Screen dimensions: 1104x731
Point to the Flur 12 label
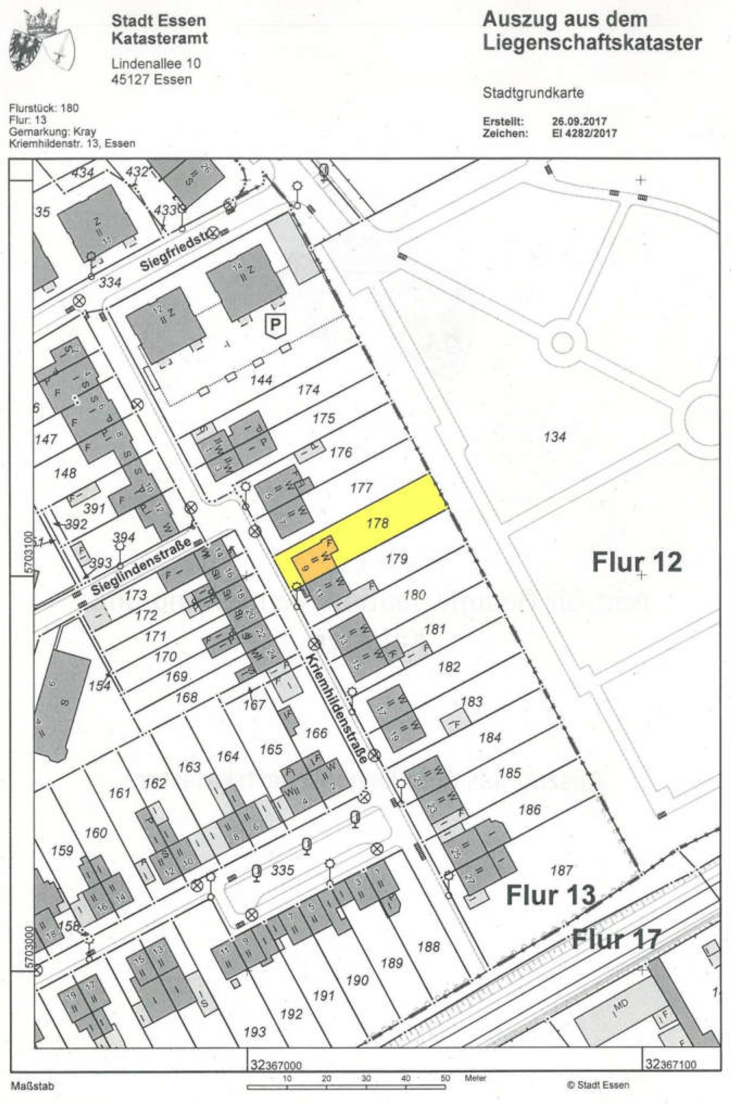point(636,562)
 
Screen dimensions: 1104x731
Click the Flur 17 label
point(616,938)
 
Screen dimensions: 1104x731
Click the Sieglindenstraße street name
point(140,567)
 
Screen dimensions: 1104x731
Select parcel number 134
point(554,436)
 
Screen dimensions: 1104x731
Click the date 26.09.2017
point(579,122)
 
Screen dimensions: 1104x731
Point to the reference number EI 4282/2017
point(584,133)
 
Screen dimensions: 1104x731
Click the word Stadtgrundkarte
point(533,93)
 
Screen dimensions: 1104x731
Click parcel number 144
point(261,380)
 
